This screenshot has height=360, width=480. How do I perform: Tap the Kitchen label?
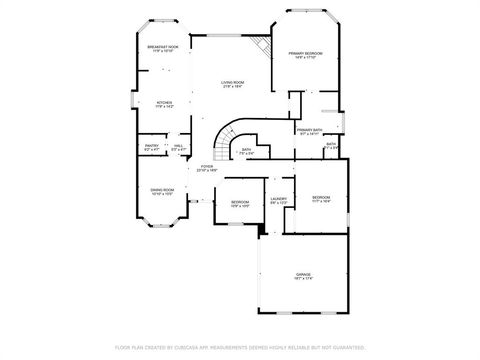(165, 103)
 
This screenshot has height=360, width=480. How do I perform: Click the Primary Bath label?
(309, 130)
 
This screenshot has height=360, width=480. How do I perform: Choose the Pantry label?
(152, 146)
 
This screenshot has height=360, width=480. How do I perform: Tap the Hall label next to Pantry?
(178, 146)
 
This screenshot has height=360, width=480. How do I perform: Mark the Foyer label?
(207, 167)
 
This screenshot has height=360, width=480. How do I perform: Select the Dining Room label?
(162, 190)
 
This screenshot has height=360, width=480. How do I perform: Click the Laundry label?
(279, 198)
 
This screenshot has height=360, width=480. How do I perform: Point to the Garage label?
(303, 274)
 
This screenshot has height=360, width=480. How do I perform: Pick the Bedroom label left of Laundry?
(241, 202)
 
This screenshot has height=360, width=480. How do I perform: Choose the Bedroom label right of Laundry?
(321, 197)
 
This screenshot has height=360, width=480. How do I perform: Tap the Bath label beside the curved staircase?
(247, 150)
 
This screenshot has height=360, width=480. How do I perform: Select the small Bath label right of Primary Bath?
(331, 144)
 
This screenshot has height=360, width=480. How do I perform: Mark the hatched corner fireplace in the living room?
(262, 46)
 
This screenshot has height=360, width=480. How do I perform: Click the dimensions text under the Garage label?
(303, 279)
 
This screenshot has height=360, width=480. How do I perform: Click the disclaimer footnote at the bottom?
(240, 347)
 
